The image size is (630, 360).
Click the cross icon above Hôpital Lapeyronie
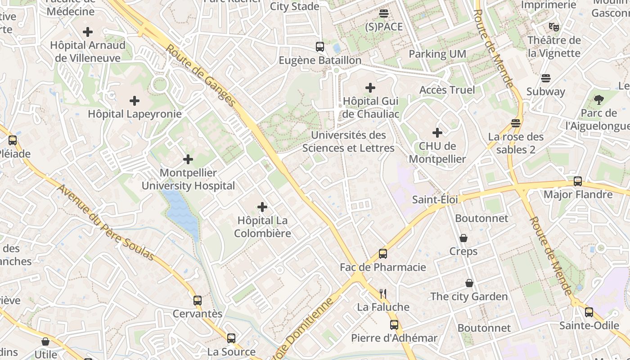pyautogui.click(x=134, y=101)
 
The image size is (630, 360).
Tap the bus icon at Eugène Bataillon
pyautogui.click(x=319, y=47)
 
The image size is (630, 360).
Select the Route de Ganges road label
pyautogui.click(x=201, y=75)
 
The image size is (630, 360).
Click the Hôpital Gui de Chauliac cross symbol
pyautogui.click(x=370, y=88)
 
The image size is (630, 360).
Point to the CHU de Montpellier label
pyautogui.click(x=437, y=153)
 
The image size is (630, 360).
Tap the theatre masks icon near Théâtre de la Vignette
pyautogui.click(x=554, y=27)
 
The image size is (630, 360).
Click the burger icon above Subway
pyautogui.click(x=546, y=78)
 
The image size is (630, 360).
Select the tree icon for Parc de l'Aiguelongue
pyautogui.click(x=598, y=100)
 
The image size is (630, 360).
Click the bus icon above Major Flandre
pyautogui.click(x=578, y=181)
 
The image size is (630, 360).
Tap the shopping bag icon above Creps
pyautogui.click(x=463, y=238)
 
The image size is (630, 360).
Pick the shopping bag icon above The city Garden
pyautogui.click(x=469, y=283)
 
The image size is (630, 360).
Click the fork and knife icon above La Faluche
pyautogui.click(x=383, y=294)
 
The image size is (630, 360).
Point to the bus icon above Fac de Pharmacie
pyautogui.click(x=382, y=254)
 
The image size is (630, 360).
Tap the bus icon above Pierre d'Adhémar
pyautogui.click(x=394, y=325)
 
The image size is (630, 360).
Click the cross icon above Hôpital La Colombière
pyautogui.click(x=262, y=207)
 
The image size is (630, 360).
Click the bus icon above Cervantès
pyautogui.click(x=198, y=301)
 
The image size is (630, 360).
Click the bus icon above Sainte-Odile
pyautogui.click(x=589, y=312)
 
